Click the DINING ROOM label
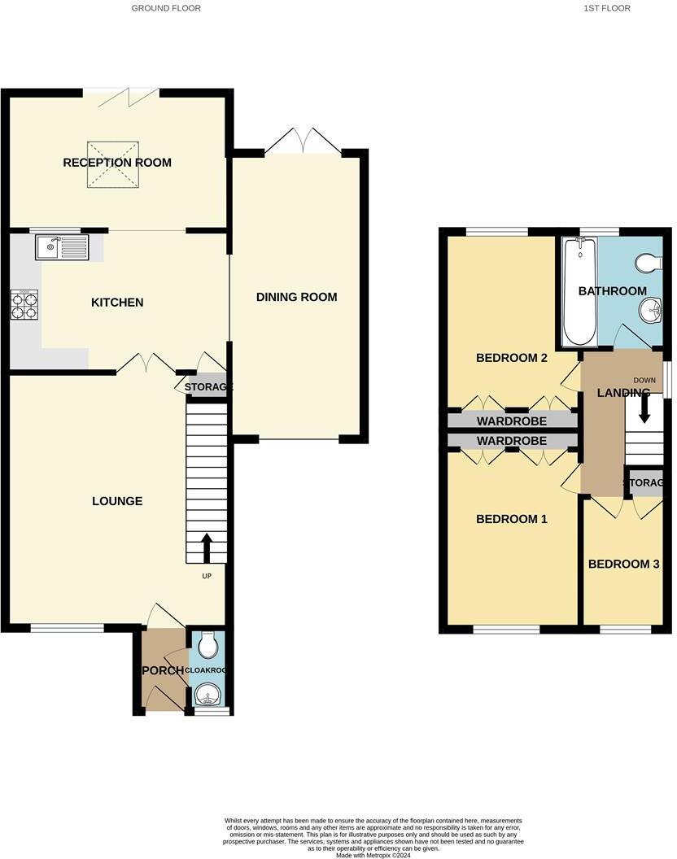pos(296,297)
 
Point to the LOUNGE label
pos(117,501)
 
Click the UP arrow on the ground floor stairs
pos(206,548)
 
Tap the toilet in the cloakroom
pos(209,645)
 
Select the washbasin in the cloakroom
pos(207,695)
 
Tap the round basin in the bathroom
pos(649,309)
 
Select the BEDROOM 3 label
pos(624,565)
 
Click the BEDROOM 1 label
pos(512,519)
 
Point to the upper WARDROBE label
pos(512,421)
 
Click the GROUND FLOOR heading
pos(166,8)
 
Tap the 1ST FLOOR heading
pos(607,8)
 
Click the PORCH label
pos(161,670)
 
